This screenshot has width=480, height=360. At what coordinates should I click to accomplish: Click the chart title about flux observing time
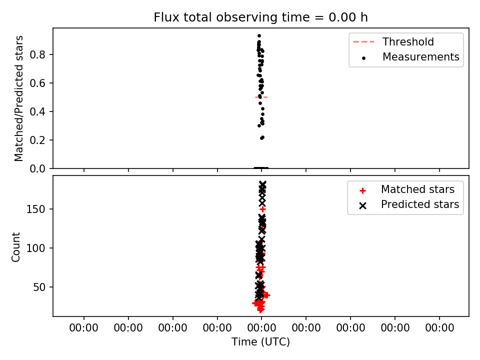coord(260,17)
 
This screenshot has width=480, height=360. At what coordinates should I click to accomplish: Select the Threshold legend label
coord(408,41)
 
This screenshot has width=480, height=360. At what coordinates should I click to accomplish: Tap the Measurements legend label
coord(421,57)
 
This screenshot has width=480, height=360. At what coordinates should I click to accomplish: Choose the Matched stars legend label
coord(417,189)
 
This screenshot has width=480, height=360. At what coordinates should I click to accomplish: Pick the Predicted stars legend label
coord(420,204)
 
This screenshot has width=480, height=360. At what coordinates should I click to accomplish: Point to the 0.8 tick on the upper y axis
coord(37,55)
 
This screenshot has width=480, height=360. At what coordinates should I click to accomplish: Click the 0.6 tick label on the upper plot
coord(37,83)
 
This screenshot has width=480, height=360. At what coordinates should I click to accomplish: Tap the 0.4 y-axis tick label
coord(37,111)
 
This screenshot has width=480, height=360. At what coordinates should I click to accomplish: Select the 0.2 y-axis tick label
coord(37,140)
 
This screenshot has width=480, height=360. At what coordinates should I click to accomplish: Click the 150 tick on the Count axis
coord(35,209)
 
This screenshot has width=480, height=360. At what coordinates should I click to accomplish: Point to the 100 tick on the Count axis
coord(35,248)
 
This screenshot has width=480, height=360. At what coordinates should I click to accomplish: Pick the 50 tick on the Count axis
coord(39,287)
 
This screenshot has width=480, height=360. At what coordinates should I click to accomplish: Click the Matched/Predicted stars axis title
coord(18,98)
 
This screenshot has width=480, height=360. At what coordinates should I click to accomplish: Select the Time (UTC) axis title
coord(260,342)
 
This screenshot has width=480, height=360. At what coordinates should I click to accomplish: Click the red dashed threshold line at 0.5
coord(261,97)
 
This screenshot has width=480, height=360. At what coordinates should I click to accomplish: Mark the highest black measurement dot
coord(259,36)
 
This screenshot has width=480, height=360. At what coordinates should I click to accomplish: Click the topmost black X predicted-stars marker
coord(262,184)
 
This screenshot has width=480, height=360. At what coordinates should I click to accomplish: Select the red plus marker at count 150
coord(262,209)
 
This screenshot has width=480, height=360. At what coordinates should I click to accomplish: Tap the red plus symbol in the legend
coord(363,190)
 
